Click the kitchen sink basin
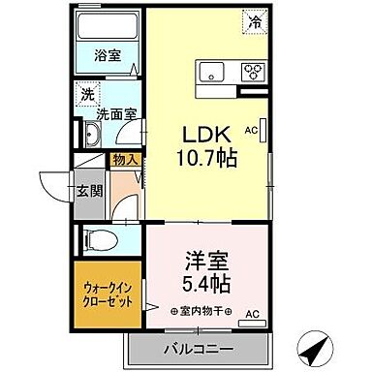(211, 70)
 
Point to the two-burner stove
(253, 70)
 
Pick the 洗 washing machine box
(86, 95)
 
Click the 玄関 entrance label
(89, 191)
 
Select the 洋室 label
(206, 263)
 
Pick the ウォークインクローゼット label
(109, 293)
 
